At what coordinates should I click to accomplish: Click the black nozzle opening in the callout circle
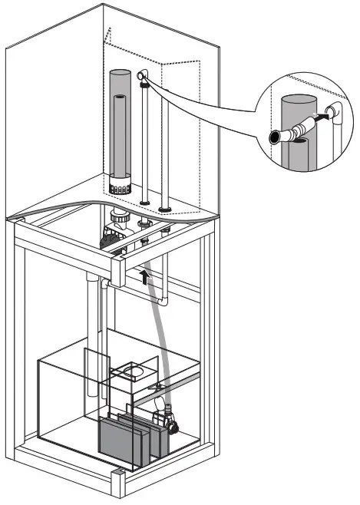pyautogui.click(x=275, y=137)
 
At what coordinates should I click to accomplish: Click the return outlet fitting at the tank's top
pyautogui.click(x=141, y=76)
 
